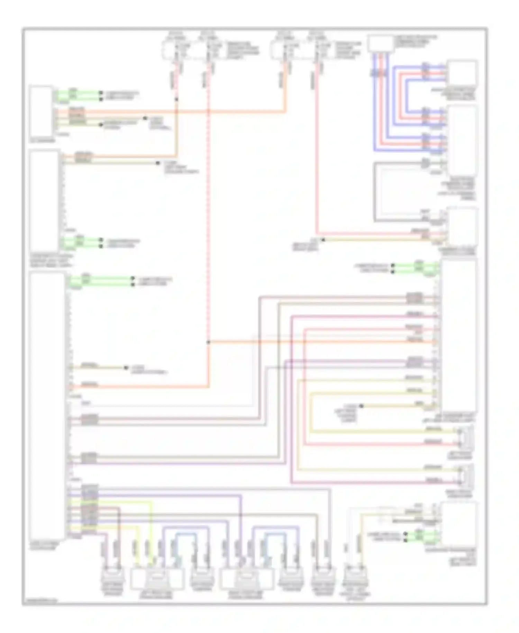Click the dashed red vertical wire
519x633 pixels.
pyautogui.click(x=208, y=208)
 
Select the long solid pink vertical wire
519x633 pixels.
pyautogui.click(x=316, y=156)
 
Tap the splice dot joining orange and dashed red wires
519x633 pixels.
pyautogui.click(x=208, y=342)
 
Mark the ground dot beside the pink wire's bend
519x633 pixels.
pyautogui.click(x=323, y=240)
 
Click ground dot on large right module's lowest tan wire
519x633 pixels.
pyautogui.click(x=361, y=405)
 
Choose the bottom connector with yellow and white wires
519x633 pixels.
pyautogui.click(x=356, y=578)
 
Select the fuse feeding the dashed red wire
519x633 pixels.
pyautogui.click(x=208, y=50)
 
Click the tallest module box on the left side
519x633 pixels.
pyautogui.click(x=47, y=405)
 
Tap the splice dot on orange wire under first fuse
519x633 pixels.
pyautogui.click(x=176, y=99)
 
